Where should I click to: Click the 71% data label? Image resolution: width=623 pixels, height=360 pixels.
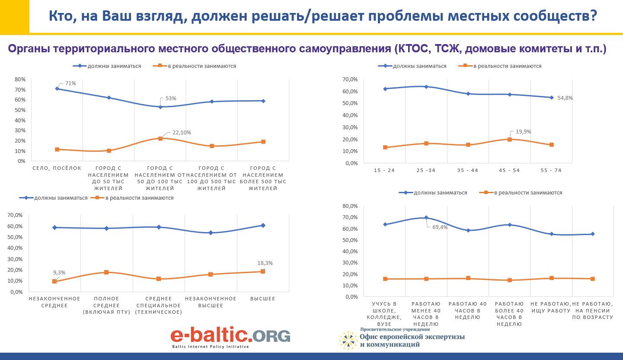point(71,83)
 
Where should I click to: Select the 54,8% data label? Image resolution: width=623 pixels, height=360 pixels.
point(565,98)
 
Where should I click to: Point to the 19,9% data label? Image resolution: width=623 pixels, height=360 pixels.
point(523,132)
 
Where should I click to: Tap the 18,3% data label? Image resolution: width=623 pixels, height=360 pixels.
point(265,263)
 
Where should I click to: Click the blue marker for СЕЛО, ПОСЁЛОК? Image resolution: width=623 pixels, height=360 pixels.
point(57,89)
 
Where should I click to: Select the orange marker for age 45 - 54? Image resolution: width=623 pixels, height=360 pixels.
point(510,139)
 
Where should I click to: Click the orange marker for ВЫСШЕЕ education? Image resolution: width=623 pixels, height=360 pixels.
point(262,271)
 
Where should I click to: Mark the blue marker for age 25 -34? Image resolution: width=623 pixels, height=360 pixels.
point(426,86)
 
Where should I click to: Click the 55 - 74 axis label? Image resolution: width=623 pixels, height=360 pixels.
point(551,170)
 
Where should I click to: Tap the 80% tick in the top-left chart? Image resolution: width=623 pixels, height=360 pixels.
point(20,79)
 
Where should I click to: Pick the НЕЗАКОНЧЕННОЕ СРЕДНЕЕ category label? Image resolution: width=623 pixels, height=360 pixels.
point(54,302)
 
